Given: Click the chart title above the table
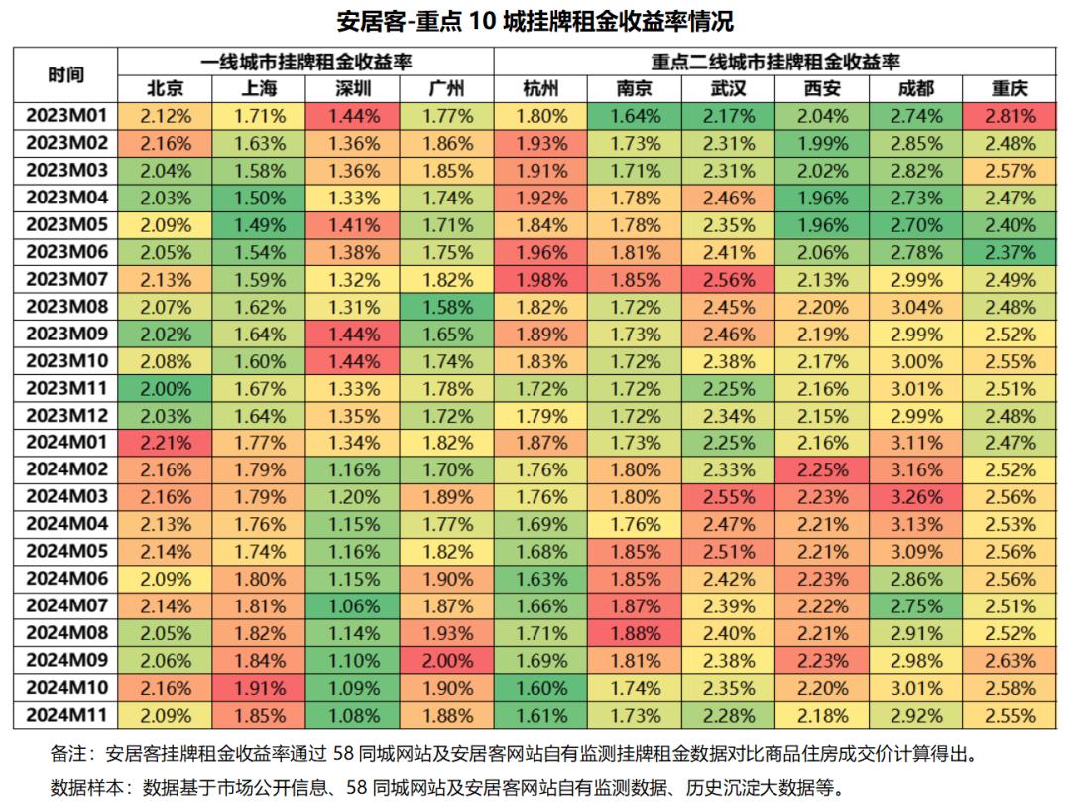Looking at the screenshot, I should (535, 21).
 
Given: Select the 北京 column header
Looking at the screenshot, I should (165, 89).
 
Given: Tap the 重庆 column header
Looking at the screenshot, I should (1010, 89).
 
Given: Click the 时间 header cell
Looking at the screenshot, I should (65, 75).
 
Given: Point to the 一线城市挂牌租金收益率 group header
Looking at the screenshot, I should (305, 62).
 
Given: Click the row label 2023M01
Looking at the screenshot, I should (65, 116).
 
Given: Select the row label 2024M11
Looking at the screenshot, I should (65, 713).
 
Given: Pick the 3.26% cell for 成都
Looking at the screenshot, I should (917, 496).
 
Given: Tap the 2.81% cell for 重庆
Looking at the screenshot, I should (1010, 116).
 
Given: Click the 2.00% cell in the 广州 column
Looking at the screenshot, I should (448, 659).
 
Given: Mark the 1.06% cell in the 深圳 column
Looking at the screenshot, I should (354, 604).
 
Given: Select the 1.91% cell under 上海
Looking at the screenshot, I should (260, 686).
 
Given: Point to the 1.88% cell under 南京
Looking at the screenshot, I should (635, 632).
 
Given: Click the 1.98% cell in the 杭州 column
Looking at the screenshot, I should (541, 279).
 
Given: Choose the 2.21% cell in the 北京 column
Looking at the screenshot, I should (165, 442).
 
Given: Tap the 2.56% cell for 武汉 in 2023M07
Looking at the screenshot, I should (729, 279).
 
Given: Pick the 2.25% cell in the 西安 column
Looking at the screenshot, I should (823, 469).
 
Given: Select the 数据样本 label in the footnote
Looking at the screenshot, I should (85, 788).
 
